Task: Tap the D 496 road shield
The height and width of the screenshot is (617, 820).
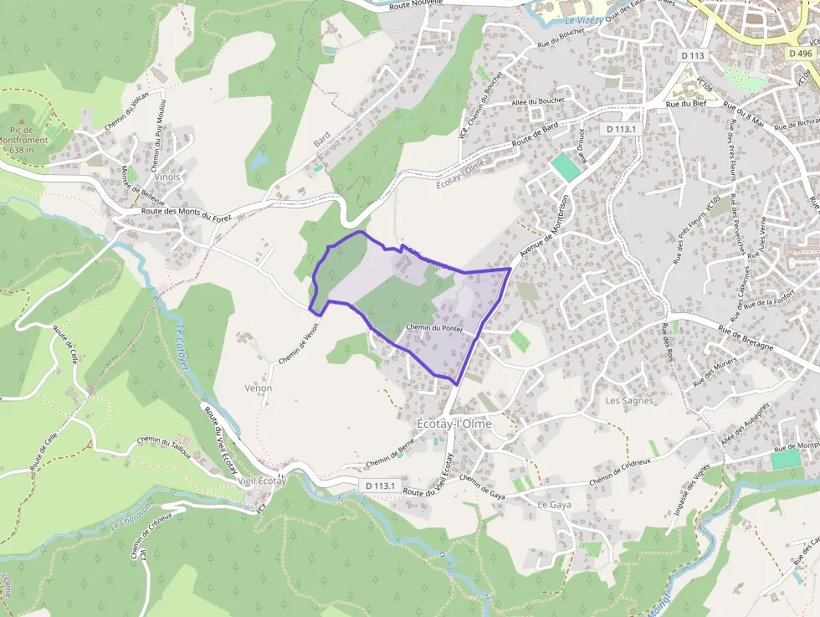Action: point(800,52)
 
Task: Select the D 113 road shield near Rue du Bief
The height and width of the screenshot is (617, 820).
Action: point(694,55)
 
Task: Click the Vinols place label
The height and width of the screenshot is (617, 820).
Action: point(167,177)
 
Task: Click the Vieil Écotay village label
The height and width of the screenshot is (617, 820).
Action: point(262,481)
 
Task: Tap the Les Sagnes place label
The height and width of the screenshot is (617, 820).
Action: point(628,401)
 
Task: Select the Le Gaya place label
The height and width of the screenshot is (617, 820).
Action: point(553,505)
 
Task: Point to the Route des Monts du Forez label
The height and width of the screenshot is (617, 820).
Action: point(187,215)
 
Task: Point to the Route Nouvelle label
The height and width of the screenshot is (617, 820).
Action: point(417,6)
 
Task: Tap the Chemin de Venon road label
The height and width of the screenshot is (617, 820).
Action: point(300,343)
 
